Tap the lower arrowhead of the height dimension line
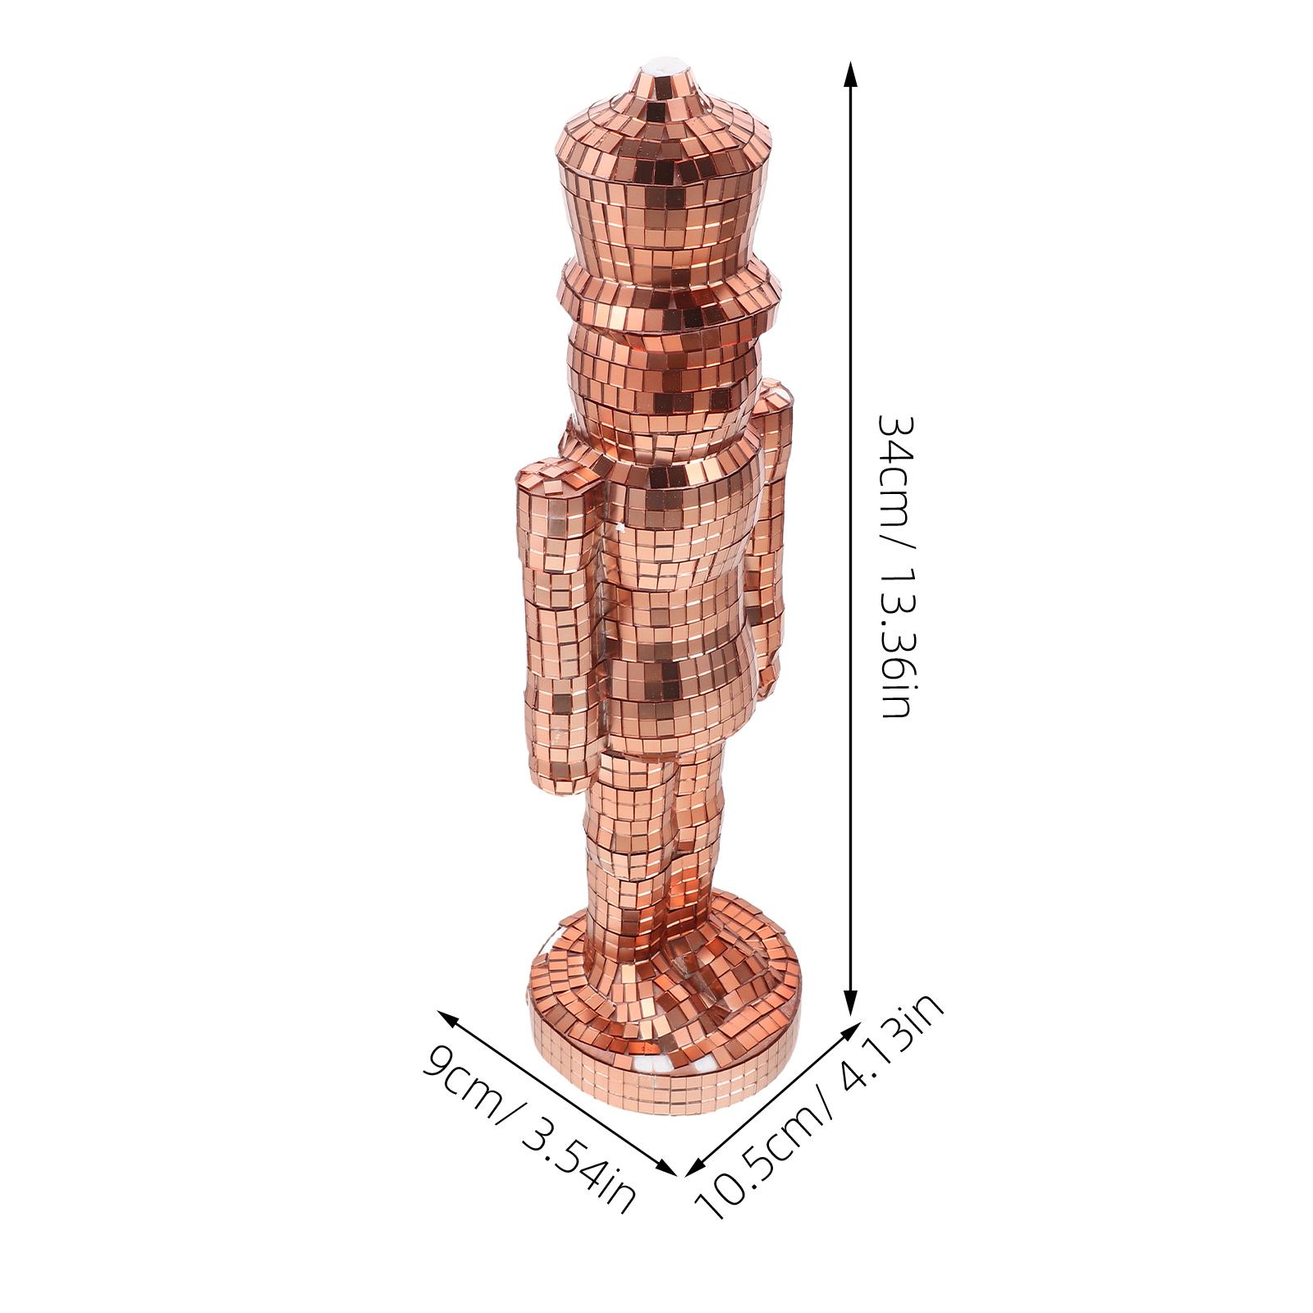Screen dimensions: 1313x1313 click(851, 1012)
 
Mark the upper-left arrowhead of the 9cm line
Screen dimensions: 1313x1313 click(447, 1018)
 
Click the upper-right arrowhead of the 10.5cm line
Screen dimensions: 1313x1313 click(845, 1031)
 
